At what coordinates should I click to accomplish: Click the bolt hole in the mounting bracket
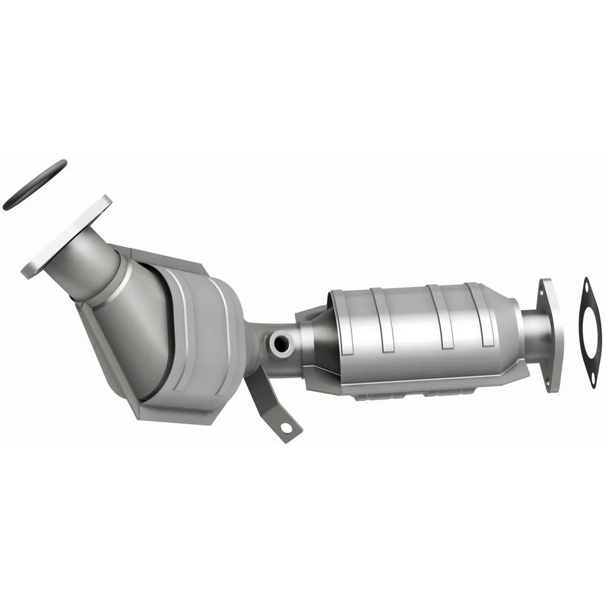coord(287,428)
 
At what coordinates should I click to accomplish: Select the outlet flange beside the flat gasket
coord(551,334)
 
